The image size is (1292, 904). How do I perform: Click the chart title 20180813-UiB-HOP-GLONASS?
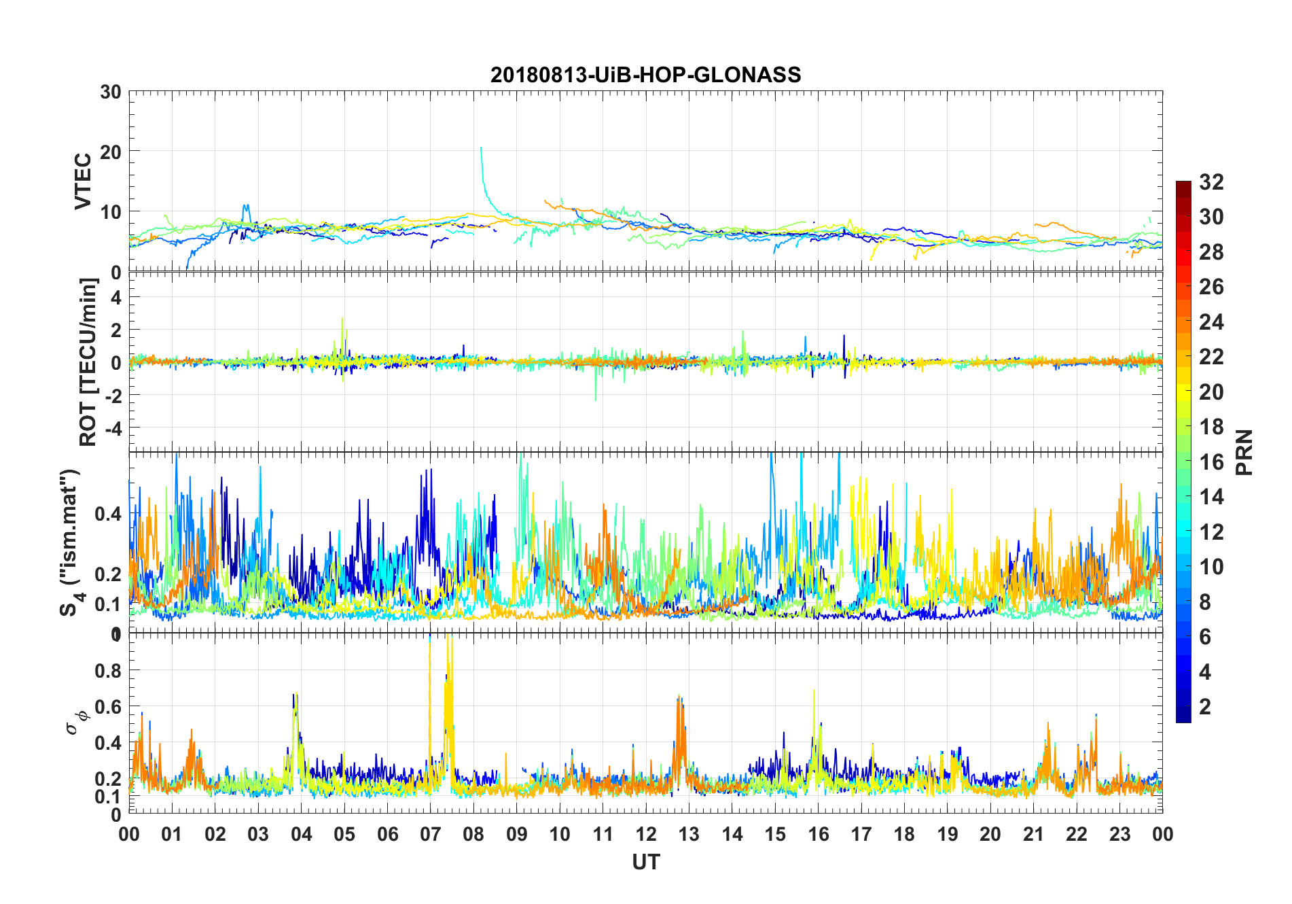coord(645,75)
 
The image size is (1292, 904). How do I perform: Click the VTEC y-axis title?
coord(83,181)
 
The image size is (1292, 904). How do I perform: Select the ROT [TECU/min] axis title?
coord(88,362)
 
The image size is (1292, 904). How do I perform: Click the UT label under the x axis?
coord(645,863)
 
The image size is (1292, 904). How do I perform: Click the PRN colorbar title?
coord(1244,452)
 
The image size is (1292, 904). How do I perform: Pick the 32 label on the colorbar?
coord(1211,182)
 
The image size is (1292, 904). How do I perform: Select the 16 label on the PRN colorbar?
coord(1211,462)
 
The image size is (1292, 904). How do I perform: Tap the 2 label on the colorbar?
coord(1205,707)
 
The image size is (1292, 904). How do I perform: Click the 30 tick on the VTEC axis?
coord(111,92)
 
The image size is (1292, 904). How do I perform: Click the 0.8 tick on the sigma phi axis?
coord(109,671)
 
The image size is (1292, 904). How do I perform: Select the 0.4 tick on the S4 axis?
coord(109,514)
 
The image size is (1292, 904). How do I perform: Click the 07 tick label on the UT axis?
coord(430,835)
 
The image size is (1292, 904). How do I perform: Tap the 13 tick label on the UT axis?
coord(689,835)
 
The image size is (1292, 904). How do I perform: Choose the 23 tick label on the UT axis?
coord(1119,835)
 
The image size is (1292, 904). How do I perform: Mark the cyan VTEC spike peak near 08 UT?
coord(481,147)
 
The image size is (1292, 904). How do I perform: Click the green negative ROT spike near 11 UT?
coord(596,400)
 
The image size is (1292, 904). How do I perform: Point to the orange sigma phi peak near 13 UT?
coord(679,697)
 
